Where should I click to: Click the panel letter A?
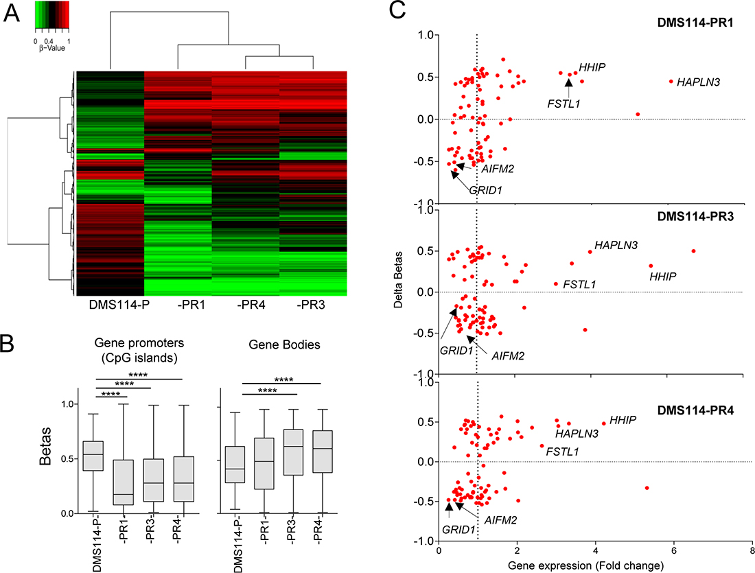12,14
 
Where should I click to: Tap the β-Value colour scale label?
51,49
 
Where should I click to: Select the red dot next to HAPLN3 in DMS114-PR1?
671,81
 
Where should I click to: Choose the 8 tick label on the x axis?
752,550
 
